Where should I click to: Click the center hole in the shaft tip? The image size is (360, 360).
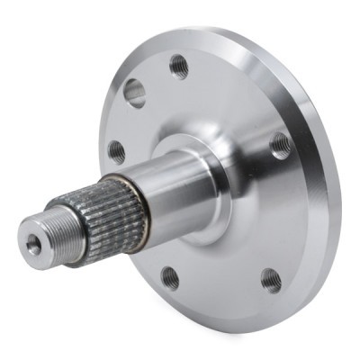tap(34, 244)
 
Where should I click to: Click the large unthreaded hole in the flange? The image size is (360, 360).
tap(135, 93)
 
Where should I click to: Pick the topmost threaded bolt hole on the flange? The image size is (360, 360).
tap(179, 66)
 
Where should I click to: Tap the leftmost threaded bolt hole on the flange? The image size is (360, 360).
tap(117, 151)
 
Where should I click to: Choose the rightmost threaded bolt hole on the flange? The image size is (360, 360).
tap(281, 145)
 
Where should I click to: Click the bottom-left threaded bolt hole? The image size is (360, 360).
tap(169, 277)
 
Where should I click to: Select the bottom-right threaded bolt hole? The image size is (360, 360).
tap(270, 280)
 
